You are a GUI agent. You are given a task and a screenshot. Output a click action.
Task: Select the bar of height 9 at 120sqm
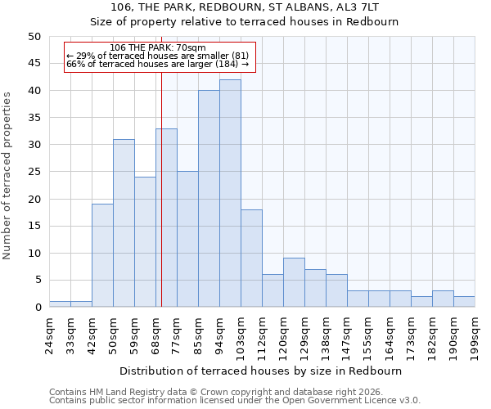click(294, 282)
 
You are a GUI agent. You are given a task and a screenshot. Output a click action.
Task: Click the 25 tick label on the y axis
click(34, 172)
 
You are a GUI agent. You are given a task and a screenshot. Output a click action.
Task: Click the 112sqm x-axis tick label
click(262, 335)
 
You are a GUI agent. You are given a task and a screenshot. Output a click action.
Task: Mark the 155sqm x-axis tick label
click(368, 335)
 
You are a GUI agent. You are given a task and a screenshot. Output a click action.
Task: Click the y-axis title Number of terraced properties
click(7, 175)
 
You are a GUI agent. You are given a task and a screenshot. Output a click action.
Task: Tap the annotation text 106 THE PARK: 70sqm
click(158, 47)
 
